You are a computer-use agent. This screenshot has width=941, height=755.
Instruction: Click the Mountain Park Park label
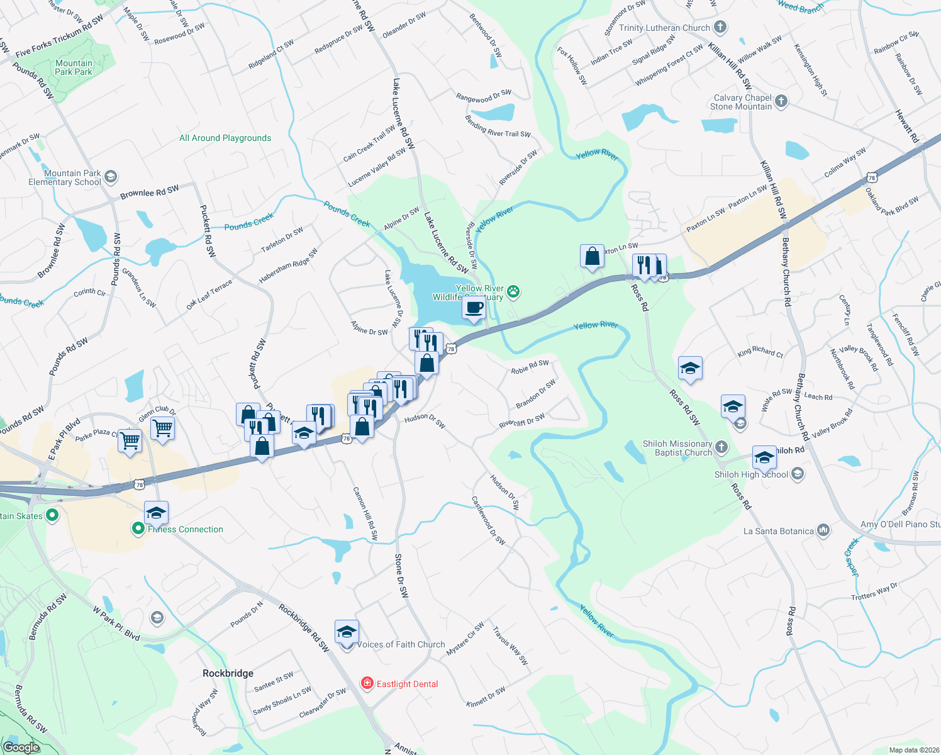pyautogui.click(x=74, y=67)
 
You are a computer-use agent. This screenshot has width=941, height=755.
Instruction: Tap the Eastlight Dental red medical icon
pyautogui.click(x=367, y=683)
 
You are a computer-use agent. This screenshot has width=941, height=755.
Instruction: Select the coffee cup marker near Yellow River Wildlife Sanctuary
pyautogui.click(x=474, y=308)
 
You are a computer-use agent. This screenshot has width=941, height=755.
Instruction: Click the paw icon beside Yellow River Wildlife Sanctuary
pyautogui.click(x=514, y=291)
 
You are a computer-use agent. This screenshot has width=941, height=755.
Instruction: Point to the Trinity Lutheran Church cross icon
pyautogui.click(x=720, y=27)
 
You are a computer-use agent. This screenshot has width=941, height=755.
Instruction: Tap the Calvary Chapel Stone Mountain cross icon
pyautogui.click(x=781, y=101)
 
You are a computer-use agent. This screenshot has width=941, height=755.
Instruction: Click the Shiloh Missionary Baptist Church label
pyautogui.click(x=677, y=448)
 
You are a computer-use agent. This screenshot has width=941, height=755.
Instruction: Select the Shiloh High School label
pyautogui.click(x=751, y=474)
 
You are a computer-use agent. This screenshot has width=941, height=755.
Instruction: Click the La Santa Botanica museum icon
pyautogui.click(x=823, y=530)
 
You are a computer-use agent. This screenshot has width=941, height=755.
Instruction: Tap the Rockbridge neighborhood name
pyautogui.click(x=228, y=673)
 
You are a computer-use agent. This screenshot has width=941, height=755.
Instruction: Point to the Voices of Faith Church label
pyautogui.click(x=401, y=644)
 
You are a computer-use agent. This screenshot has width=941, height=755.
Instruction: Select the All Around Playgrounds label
pyautogui.click(x=225, y=138)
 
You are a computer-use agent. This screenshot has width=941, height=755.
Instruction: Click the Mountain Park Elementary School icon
pyautogui.click(x=111, y=177)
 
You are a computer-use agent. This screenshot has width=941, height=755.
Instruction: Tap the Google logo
pyautogui.click(x=21, y=747)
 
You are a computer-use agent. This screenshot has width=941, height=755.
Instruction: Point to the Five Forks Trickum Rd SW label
pyautogui.click(x=59, y=36)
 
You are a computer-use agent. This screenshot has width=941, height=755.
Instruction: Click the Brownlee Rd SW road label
pyautogui.click(x=150, y=192)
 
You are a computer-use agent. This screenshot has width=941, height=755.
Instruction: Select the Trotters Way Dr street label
pyautogui.click(x=874, y=592)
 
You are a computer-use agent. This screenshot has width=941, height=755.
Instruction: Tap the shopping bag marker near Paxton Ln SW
pyautogui.click(x=592, y=257)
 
